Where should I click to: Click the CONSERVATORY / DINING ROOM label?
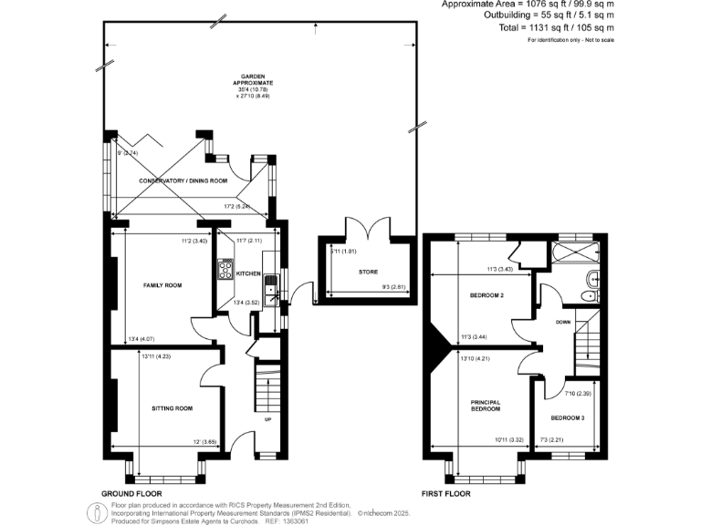pos(183,181)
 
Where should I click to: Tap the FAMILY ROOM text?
pos(162,285)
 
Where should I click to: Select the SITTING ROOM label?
pos(172,408)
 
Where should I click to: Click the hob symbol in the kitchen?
pos(225,271)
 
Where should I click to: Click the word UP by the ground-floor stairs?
pos(267,420)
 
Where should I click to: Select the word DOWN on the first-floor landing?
pos(563,321)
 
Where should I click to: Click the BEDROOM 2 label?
pos(487,295)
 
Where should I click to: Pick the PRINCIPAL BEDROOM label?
pos(487,406)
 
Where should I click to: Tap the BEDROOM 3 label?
pos(568,418)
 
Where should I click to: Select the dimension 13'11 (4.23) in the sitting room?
pos(156,355)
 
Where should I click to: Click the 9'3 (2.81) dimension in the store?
pos(392,288)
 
